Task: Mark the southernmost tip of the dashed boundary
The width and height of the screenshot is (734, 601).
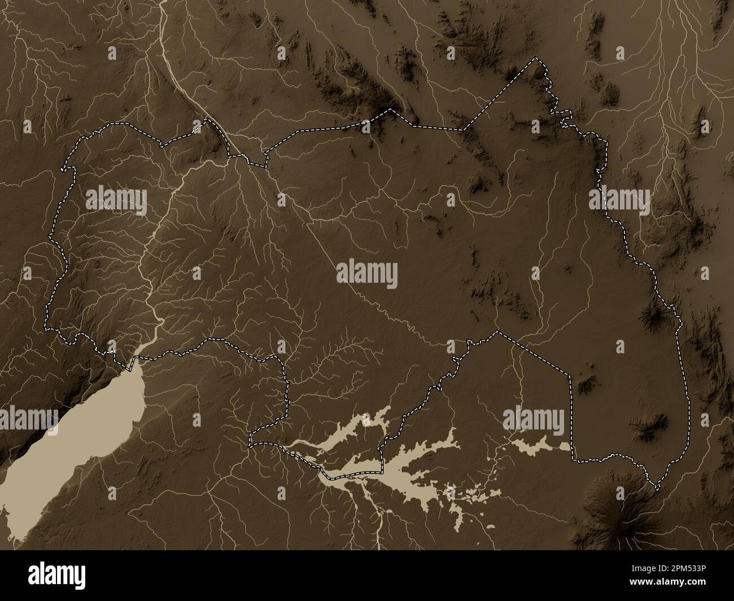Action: pyautogui.click(x=658, y=486)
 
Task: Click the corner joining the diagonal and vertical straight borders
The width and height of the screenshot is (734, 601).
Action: pyautogui.click(x=571, y=375)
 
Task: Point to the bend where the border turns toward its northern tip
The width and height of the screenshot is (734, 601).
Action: pyautogui.click(x=463, y=130)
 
